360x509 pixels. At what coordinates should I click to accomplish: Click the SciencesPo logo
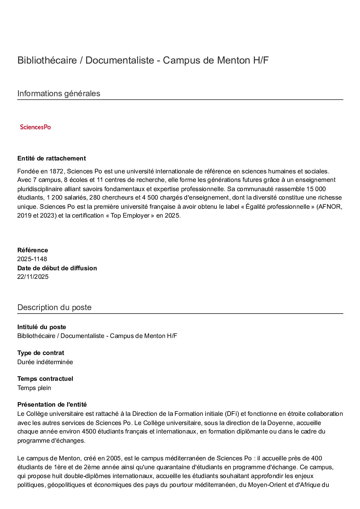tap(35, 127)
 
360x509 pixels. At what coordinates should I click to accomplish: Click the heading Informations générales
tap(59, 94)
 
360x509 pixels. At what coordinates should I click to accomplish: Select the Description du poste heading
tap(54, 307)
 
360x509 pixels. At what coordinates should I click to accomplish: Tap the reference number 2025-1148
tap(32, 259)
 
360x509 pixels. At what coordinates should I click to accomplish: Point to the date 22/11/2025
tap(33, 277)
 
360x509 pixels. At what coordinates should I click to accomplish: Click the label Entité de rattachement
tap(51, 158)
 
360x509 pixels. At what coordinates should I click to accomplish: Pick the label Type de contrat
tap(40, 353)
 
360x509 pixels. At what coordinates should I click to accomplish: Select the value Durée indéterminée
tap(45, 362)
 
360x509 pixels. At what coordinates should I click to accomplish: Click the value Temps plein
tap(34, 388)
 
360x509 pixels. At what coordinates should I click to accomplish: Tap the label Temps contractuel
tap(45, 379)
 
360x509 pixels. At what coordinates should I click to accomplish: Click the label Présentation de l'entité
tap(52, 405)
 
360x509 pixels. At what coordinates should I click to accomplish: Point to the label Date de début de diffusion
tap(57, 268)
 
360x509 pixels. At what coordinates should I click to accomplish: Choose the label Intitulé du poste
tap(42, 327)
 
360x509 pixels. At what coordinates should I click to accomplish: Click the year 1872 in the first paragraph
tap(56, 171)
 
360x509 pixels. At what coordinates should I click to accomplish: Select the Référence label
tap(33, 250)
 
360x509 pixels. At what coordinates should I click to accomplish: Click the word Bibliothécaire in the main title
tap(47, 61)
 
